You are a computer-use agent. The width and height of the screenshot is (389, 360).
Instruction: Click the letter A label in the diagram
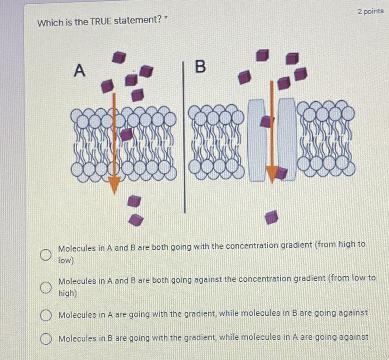coord(80,70)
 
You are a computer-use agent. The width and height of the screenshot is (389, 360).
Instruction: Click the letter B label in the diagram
coord(201,66)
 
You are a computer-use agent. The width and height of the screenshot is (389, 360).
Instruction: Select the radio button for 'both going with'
coord(46,254)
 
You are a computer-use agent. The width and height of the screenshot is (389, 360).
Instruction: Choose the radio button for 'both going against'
coord(46,287)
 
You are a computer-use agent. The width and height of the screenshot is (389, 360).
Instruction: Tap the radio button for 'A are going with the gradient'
coord(46,315)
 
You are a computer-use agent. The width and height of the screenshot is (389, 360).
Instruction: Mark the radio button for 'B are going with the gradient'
coord(46,339)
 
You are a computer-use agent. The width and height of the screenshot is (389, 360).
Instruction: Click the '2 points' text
coord(371,11)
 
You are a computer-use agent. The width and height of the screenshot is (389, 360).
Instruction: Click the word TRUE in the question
coord(100,21)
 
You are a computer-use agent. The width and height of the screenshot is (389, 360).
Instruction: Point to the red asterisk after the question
coord(166,17)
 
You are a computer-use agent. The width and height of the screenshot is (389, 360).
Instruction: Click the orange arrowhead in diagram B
coord(272,174)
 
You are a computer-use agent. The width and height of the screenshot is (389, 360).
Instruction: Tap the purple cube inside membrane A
coord(127,134)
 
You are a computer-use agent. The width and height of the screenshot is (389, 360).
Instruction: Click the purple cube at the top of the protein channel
coord(266,122)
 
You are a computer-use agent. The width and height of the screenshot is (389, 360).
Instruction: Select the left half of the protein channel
coord(257,140)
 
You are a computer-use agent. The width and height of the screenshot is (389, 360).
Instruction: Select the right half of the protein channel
coord(287,139)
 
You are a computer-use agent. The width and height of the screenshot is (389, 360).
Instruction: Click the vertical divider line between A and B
coord(184,137)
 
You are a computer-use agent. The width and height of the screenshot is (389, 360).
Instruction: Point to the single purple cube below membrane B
coord(271,217)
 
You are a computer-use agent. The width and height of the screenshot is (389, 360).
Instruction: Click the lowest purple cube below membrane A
coord(136,220)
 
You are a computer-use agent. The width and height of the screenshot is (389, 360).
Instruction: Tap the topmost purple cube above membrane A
coord(119,57)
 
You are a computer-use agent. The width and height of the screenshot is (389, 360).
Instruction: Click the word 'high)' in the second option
coord(67,293)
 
